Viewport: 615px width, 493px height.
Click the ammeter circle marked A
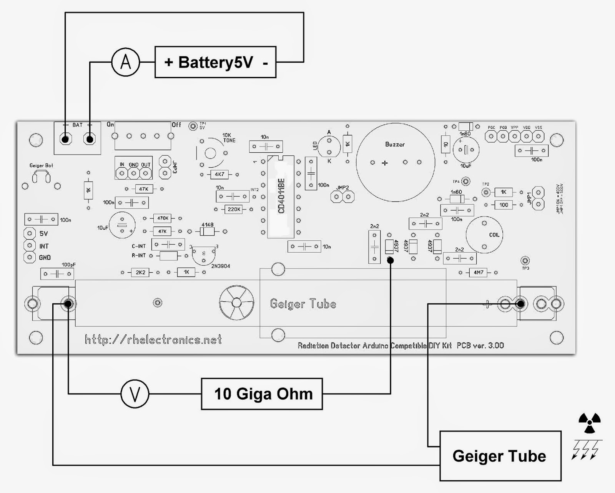126,62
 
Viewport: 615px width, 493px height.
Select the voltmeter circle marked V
135,394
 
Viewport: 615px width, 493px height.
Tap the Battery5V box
215,62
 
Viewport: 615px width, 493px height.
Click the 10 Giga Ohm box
262,394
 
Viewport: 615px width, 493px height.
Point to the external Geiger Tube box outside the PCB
500,456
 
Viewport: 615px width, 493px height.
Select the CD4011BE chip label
281,196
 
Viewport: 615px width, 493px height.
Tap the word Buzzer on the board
395,145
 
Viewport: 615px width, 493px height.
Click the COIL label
494,235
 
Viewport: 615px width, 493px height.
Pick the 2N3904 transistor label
221,266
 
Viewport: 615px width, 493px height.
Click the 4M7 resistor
478,273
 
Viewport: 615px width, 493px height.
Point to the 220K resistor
234,209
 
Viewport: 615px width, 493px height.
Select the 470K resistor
163,218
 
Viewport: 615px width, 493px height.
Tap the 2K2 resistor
140,272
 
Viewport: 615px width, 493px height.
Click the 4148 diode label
208,225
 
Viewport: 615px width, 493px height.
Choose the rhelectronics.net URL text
153,340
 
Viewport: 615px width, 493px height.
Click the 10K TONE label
229,138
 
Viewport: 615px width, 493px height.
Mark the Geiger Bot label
41,165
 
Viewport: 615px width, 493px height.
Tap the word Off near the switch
176,125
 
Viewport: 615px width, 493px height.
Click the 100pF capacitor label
69,265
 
